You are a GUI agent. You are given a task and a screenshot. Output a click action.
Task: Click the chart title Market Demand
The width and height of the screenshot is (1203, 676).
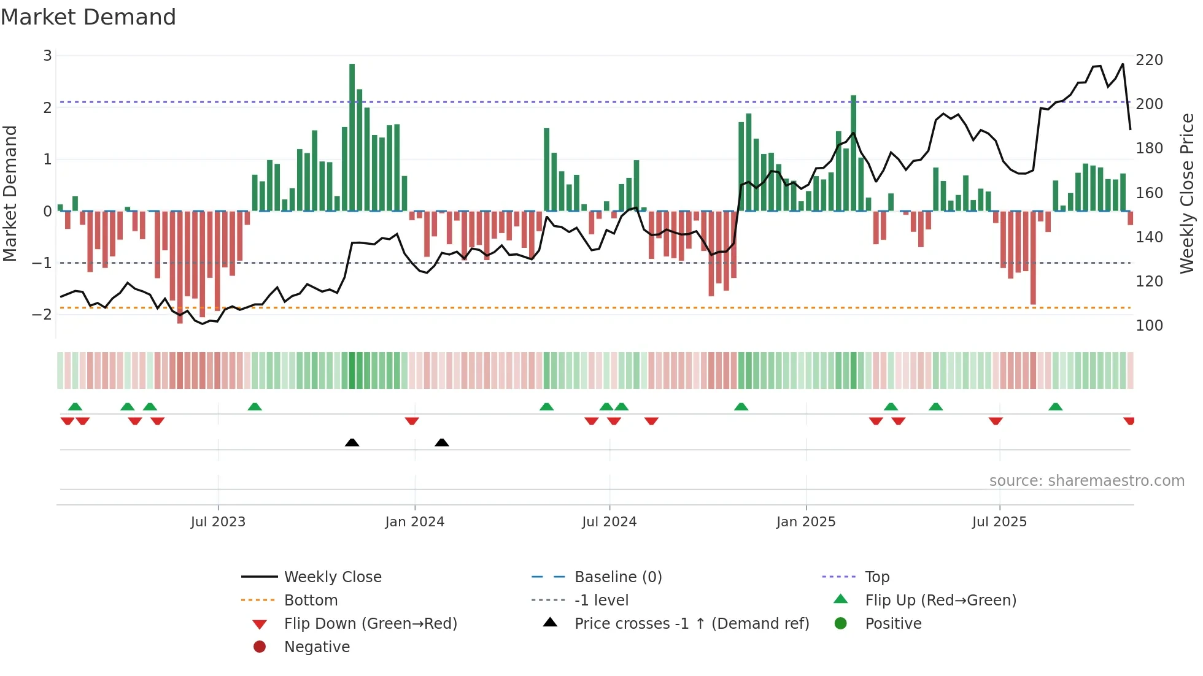(x=88, y=17)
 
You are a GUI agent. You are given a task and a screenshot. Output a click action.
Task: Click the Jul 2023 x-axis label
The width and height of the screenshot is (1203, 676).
(x=218, y=522)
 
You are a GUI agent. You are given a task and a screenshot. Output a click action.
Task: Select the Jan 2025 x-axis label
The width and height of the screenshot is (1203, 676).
(x=806, y=522)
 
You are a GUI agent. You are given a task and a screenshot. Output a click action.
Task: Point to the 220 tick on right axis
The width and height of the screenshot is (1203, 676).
(x=1149, y=60)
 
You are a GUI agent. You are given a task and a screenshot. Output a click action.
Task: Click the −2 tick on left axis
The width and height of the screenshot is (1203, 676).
(x=42, y=315)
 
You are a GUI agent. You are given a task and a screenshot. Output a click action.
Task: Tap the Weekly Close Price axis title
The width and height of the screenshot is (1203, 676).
(x=1187, y=193)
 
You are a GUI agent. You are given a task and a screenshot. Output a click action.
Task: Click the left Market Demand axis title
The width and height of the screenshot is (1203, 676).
(x=10, y=193)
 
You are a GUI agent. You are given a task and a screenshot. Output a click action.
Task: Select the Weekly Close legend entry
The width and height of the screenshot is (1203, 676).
(x=332, y=577)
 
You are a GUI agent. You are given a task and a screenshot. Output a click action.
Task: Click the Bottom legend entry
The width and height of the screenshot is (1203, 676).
(x=311, y=601)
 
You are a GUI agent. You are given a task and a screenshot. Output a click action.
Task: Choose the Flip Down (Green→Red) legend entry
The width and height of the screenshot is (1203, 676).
(x=370, y=624)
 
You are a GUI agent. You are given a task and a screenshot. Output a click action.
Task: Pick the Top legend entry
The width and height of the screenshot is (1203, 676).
(x=877, y=577)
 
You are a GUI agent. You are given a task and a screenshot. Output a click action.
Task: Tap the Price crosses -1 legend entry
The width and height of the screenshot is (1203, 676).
(x=691, y=624)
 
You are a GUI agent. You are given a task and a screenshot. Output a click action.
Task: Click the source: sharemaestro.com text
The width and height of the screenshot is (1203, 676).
(x=1086, y=481)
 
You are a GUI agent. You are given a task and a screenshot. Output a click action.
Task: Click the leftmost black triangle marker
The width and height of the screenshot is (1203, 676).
(x=352, y=442)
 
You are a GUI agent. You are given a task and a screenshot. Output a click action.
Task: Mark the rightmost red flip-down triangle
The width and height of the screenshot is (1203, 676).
(x=1129, y=421)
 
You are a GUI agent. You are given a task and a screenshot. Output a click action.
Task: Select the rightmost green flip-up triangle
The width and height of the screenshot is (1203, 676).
(x=1055, y=407)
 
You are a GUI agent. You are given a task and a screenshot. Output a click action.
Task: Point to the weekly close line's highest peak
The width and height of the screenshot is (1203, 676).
(x=1123, y=64)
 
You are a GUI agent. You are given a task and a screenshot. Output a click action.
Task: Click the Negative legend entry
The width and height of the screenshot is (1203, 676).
(x=317, y=647)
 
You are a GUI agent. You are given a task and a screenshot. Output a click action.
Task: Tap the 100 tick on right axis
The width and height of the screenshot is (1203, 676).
(x=1149, y=326)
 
